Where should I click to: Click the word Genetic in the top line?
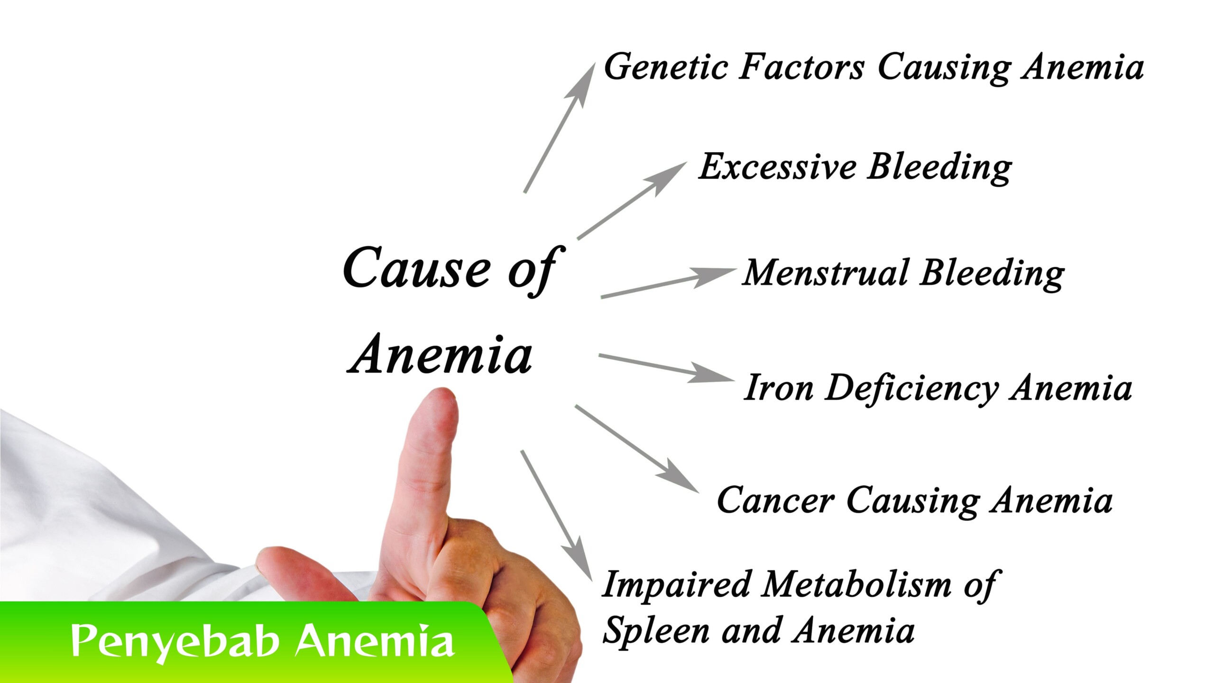pyautogui.click(x=666, y=67)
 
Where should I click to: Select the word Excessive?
pyautogui.click(x=778, y=167)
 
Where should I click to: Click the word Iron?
pyautogui.click(x=778, y=388)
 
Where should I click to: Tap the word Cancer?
pyautogui.click(x=776, y=500)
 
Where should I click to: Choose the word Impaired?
pyautogui.click(x=676, y=585)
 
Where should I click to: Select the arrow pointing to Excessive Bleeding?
pyautogui.click(x=632, y=200)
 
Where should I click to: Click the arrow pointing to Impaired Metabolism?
pyautogui.click(x=557, y=516)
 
